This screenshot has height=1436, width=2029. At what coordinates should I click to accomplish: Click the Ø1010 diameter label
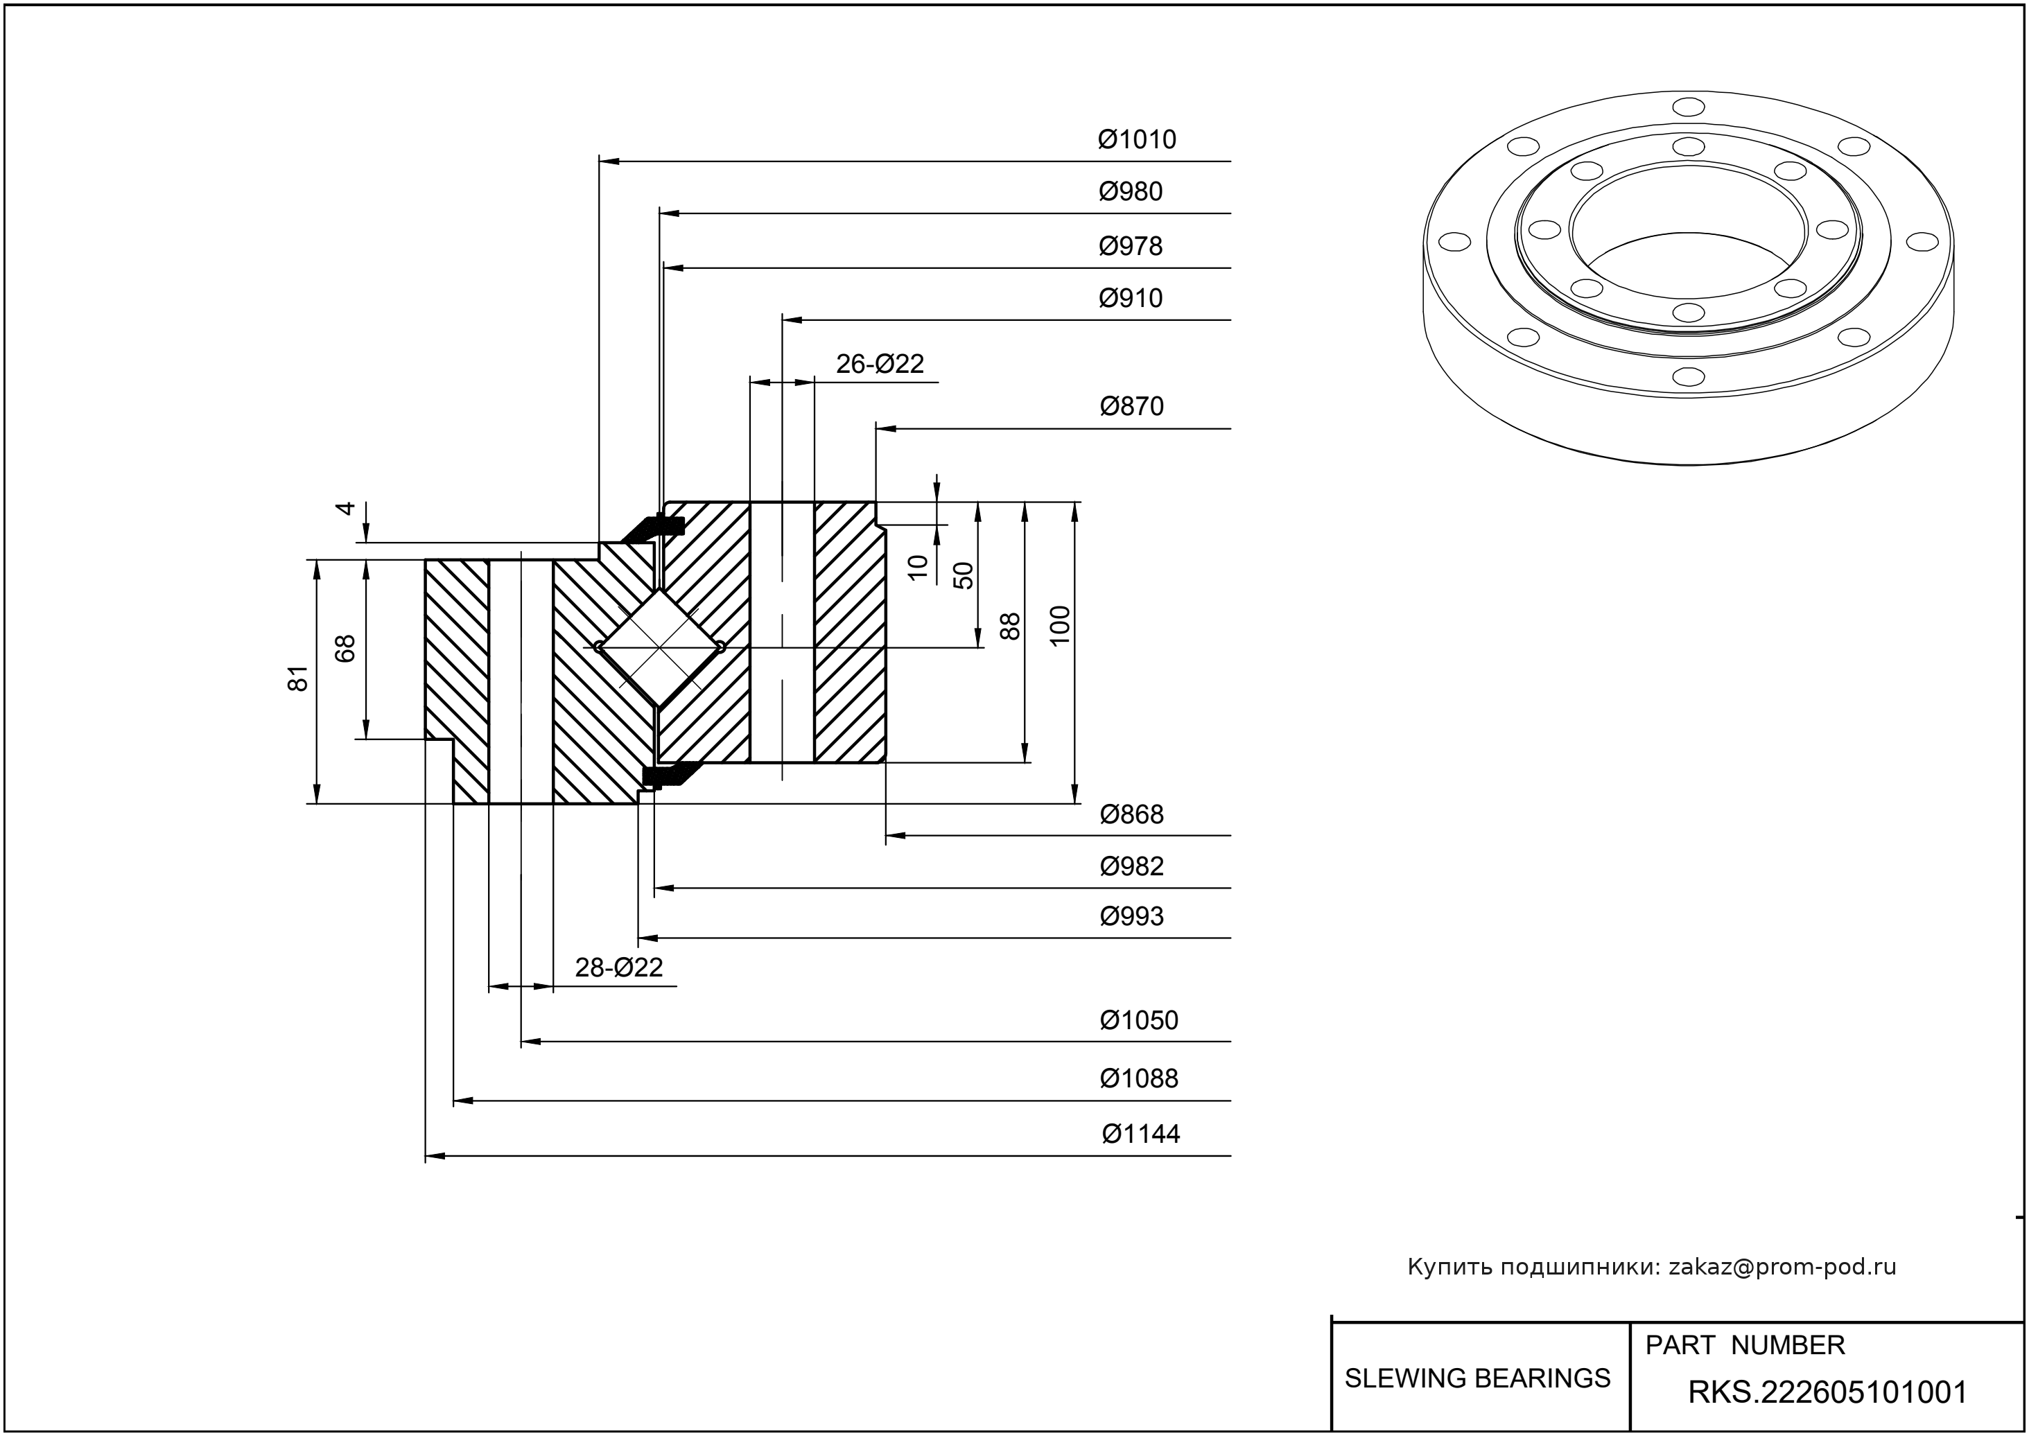[1137, 140]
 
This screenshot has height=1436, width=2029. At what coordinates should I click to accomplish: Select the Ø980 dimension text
[1131, 192]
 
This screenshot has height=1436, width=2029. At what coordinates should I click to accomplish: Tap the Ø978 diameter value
[1131, 246]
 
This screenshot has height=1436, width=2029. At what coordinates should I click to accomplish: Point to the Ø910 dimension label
[1131, 298]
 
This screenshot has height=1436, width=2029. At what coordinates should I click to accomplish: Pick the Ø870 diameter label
[1131, 407]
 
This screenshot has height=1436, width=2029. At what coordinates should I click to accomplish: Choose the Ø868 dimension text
[1131, 814]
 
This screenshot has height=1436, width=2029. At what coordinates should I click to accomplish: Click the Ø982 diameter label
[1131, 866]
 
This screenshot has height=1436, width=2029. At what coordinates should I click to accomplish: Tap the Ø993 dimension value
[1131, 916]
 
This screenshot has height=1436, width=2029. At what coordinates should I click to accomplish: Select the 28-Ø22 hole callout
[618, 967]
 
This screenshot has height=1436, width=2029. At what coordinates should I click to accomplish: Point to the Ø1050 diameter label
[1138, 1020]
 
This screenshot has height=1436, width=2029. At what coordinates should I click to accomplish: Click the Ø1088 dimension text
[1138, 1079]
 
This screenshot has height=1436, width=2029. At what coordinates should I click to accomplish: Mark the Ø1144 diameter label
[1140, 1134]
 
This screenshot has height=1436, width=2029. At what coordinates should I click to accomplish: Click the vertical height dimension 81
[299, 678]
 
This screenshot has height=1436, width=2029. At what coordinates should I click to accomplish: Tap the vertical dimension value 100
[1060, 625]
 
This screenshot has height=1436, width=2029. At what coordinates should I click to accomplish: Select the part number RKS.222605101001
[1827, 1392]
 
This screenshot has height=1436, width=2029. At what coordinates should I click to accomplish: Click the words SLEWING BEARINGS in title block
[1477, 1378]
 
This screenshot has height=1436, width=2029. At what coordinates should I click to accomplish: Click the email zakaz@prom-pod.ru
[1782, 1267]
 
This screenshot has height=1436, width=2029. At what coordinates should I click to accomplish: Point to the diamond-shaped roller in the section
[659, 648]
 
